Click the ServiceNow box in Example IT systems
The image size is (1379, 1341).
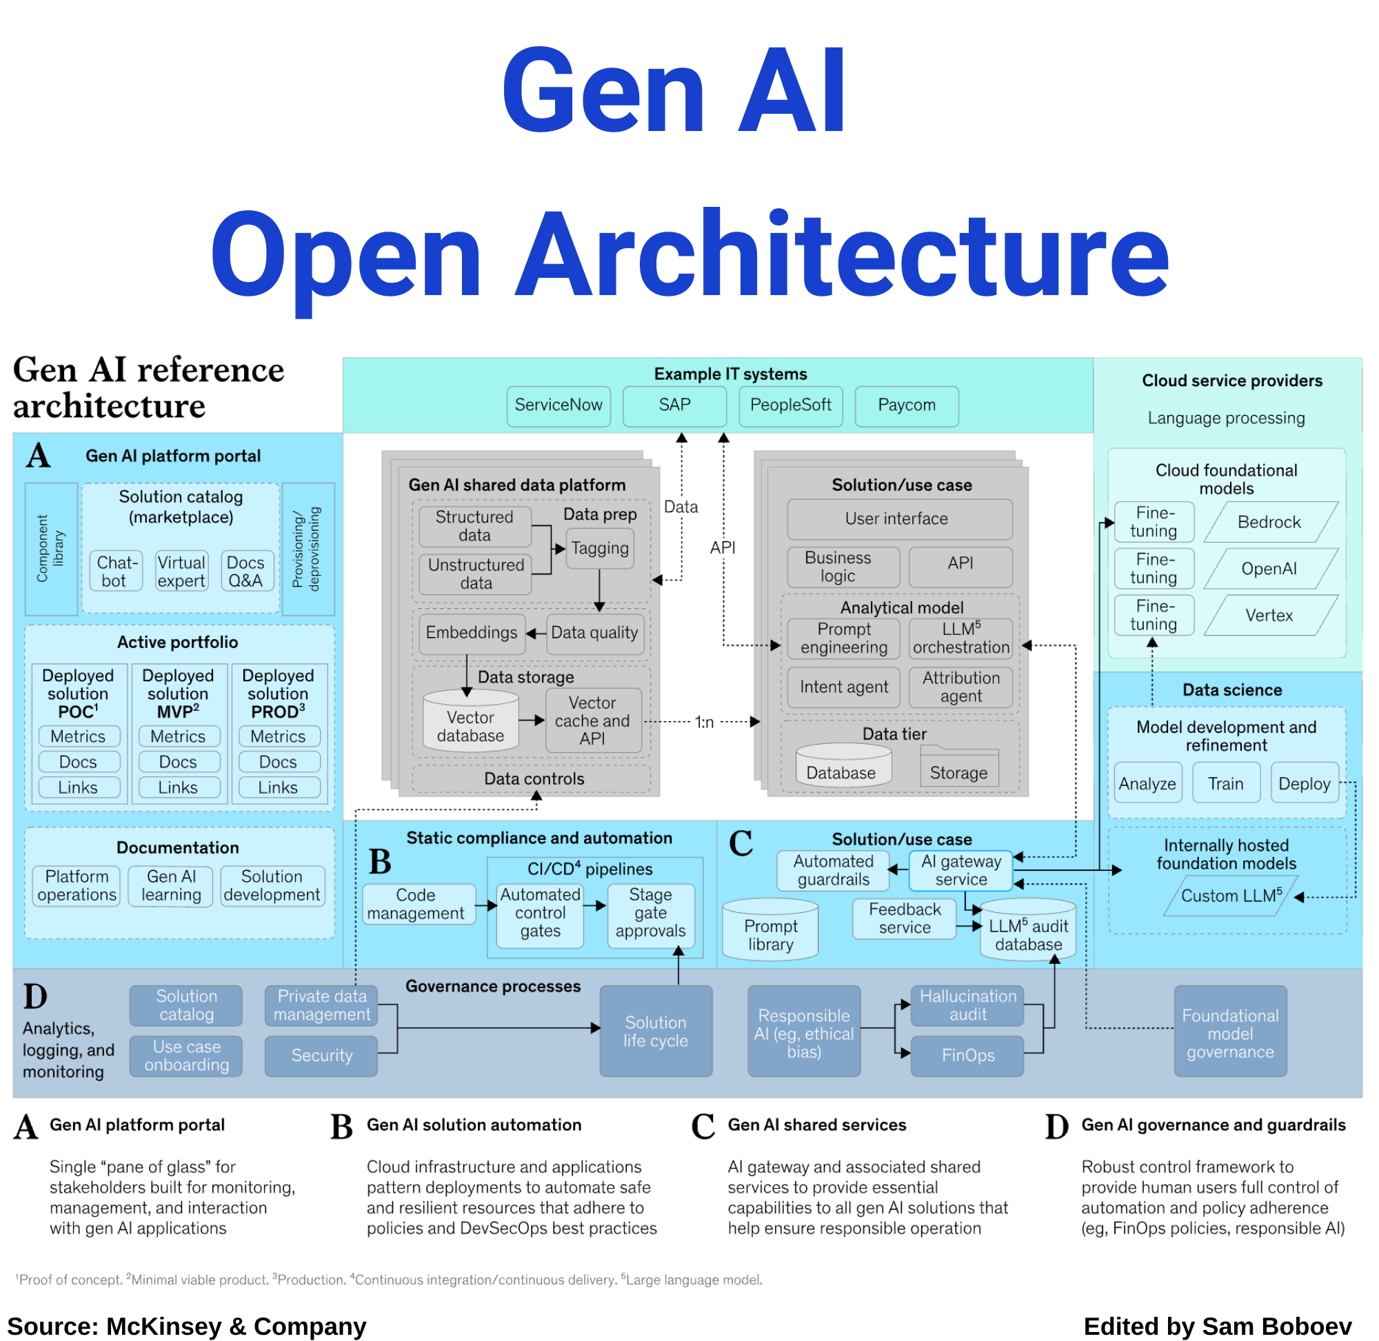pos(558,405)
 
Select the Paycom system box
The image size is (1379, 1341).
pos(907,405)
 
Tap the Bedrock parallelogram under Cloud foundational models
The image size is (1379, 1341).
pos(1269,522)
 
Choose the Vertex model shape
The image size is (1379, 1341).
pos(1269,615)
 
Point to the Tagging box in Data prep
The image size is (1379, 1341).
pos(599,548)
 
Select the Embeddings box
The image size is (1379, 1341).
pos(471,632)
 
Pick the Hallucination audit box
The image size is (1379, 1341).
pos(967,1005)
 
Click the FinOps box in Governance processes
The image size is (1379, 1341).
pos(967,1055)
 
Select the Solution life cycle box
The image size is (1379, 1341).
pos(656,1031)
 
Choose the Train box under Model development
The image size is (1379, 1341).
pos(1225,783)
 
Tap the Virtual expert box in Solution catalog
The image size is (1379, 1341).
pos(181,571)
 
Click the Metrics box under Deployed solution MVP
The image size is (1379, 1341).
pos(178,736)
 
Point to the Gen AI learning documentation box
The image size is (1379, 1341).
pos(171,885)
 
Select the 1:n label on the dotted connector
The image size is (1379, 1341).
pos(704,722)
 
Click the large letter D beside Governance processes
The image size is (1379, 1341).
pos(35,997)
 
